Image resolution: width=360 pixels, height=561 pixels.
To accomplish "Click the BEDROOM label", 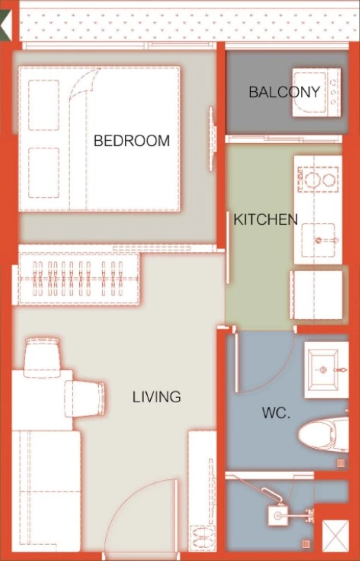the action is pos(132,141).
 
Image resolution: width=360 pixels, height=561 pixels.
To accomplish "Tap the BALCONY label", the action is pos(285,92).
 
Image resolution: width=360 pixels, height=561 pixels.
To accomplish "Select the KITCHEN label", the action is pos(265,219).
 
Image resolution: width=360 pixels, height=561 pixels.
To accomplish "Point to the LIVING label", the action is pos(157,397).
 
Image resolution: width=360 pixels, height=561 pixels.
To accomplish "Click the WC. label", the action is pos(276,413).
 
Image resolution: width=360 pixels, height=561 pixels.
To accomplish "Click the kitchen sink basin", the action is pos(318,240).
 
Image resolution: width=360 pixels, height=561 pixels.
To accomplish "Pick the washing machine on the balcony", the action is pos(316,93).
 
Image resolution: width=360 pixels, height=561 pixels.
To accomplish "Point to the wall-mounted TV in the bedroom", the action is pos(213,139).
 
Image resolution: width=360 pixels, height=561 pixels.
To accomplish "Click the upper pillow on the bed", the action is pos(44,105).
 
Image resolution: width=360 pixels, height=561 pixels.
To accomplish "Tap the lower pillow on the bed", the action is pos(44,173).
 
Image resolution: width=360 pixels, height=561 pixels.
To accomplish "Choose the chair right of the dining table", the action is pos(85,399).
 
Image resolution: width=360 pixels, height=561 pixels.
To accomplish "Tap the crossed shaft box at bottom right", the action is pos(336,536).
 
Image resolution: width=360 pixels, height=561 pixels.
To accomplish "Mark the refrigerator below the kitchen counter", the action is pos(316,295).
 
